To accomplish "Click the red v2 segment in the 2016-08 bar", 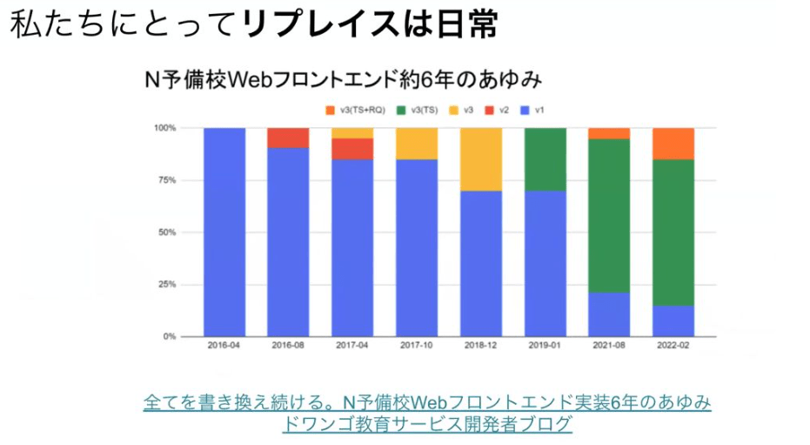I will [288, 138].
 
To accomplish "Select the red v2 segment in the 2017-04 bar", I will [352, 149].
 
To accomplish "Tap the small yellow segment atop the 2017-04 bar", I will [352, 132].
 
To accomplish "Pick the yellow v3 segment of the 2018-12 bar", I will [481, 159].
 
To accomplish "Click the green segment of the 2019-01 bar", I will [546, 159].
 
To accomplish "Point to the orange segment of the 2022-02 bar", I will [674, 144].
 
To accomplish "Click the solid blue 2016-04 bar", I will [224, 232].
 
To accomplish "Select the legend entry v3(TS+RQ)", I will [353, 111].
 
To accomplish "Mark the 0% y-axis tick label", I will [168, 336].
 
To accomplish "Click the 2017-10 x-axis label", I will [417, 346].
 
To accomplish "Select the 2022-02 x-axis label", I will [674, 346].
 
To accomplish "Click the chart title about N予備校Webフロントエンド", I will [343, 79].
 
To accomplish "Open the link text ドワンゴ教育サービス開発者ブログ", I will [427, 424].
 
